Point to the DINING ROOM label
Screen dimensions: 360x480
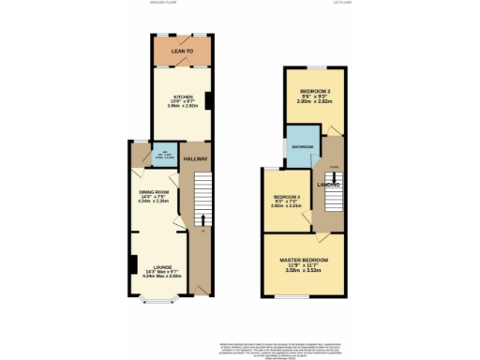click(157, 190)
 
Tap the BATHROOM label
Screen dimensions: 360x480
click(302, 147)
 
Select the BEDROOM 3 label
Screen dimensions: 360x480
click(285, 196)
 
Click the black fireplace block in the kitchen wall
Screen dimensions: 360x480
click(208, 99)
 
